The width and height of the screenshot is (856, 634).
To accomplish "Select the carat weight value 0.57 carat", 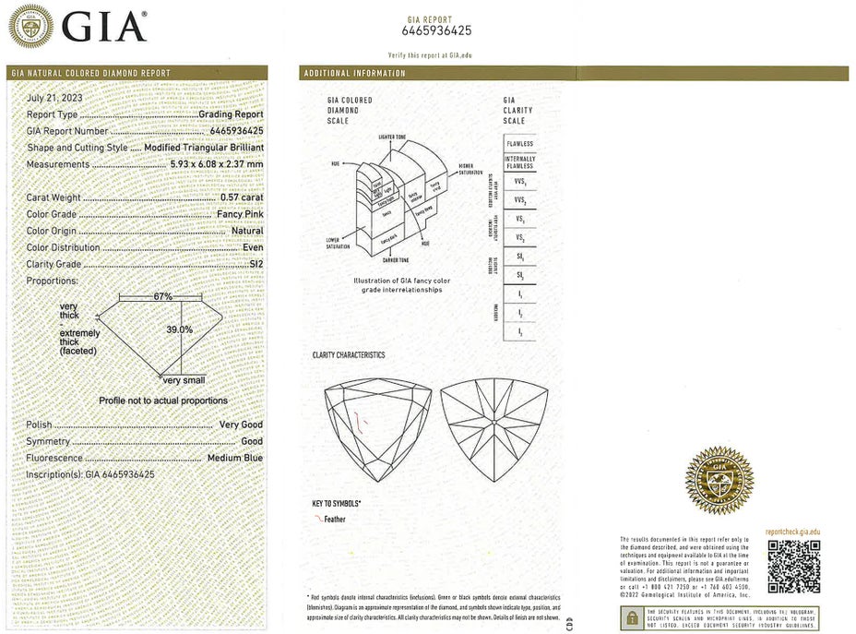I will tap(242, 197).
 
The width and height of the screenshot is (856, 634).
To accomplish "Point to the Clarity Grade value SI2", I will tap(252, 264).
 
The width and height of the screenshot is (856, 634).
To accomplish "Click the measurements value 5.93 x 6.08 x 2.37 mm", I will tap(217, 164).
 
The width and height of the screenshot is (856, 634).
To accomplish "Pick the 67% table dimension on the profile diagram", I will tap(163, 296).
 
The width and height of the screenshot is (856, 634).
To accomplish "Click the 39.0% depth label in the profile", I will tap(179, 329).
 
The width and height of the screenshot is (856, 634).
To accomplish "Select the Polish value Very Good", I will tap(241, 425).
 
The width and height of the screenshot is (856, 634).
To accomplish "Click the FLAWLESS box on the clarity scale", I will tap(518, 144).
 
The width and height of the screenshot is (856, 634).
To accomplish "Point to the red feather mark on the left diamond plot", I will tap(363, 423).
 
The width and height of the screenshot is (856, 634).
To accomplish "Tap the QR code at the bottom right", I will tap(793, 566).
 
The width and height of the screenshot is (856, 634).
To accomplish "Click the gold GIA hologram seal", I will tap(718, 479).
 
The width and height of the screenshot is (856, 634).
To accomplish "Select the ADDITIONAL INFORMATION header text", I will tap(354, 73).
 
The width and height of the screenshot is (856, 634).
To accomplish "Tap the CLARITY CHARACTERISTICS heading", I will tap(349, 355).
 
